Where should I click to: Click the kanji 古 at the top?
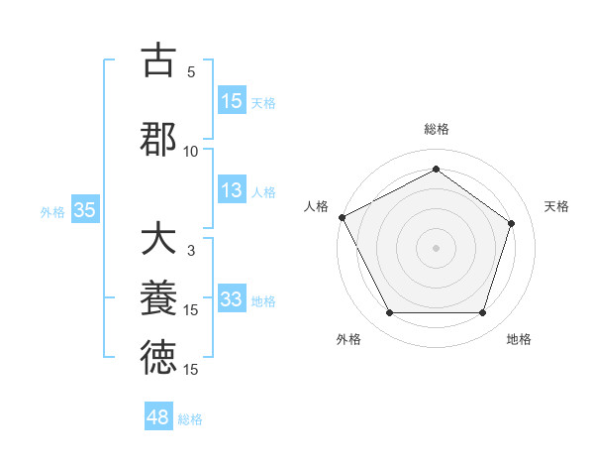pyautogui.click(x=157, y=60)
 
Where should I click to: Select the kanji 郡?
pyautogui.click(x=157, y=138)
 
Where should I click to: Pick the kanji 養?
pyautogui.click(x=157, y=297)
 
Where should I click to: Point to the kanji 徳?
pyautogui.click(x=157, y=357)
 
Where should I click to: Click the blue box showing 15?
pyautogui.click(x=232, y=100)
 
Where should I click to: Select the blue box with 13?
pyautogui.click(x=232, y=191)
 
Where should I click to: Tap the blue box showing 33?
pyautogui.click(x=232, y=299)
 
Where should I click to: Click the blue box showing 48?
pyautogui.click(x=158, y=417)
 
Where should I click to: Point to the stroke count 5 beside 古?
pyautogui.click(x=191, y=72)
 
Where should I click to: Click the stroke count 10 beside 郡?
pyautogui.click(x=191, y=151)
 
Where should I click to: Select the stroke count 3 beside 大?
pyautogui.click(x=191, y=251)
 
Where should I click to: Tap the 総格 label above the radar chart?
pyautogui.click(x=436, y=129)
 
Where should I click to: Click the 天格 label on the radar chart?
pyautogui.click(x=556, y=206)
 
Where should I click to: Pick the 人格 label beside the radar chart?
pyautogui.click(x=317, y=206)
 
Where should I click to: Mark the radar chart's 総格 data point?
pyautogui.click(x=436, y=169)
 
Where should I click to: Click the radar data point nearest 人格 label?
pyautogui.click(x=342, y=217)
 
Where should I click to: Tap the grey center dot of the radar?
pyautogui.click(x=436, y=247)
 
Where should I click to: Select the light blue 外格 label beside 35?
pyautogui.click(x=52, y=210)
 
